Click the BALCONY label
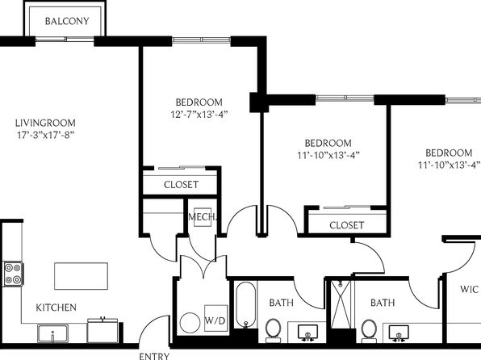(x=67, y=21)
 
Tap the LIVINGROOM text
(x=45, y=123)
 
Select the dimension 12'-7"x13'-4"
(x=199, y=114)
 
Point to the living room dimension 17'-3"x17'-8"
(x=46, y=135)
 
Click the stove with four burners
(x=13, y=274)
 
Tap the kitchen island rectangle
(x=81, y=276)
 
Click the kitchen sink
(x=52, y=333)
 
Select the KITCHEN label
(x=56, y=308)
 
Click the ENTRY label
(x=154, y=356)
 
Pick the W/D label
(x=215, y=321)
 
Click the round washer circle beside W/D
(x=190, y=323)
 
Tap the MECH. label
(x=202, y=217)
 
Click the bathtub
(x=245, y=305)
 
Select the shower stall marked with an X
(x=341, y=304)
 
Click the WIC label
(x=469, y=289)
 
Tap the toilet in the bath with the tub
(x=273, y=330)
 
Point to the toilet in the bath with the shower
(x=369, y=331)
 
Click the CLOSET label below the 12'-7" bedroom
(x=181, y=185)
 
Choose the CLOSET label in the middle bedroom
(x=347, y=225)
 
